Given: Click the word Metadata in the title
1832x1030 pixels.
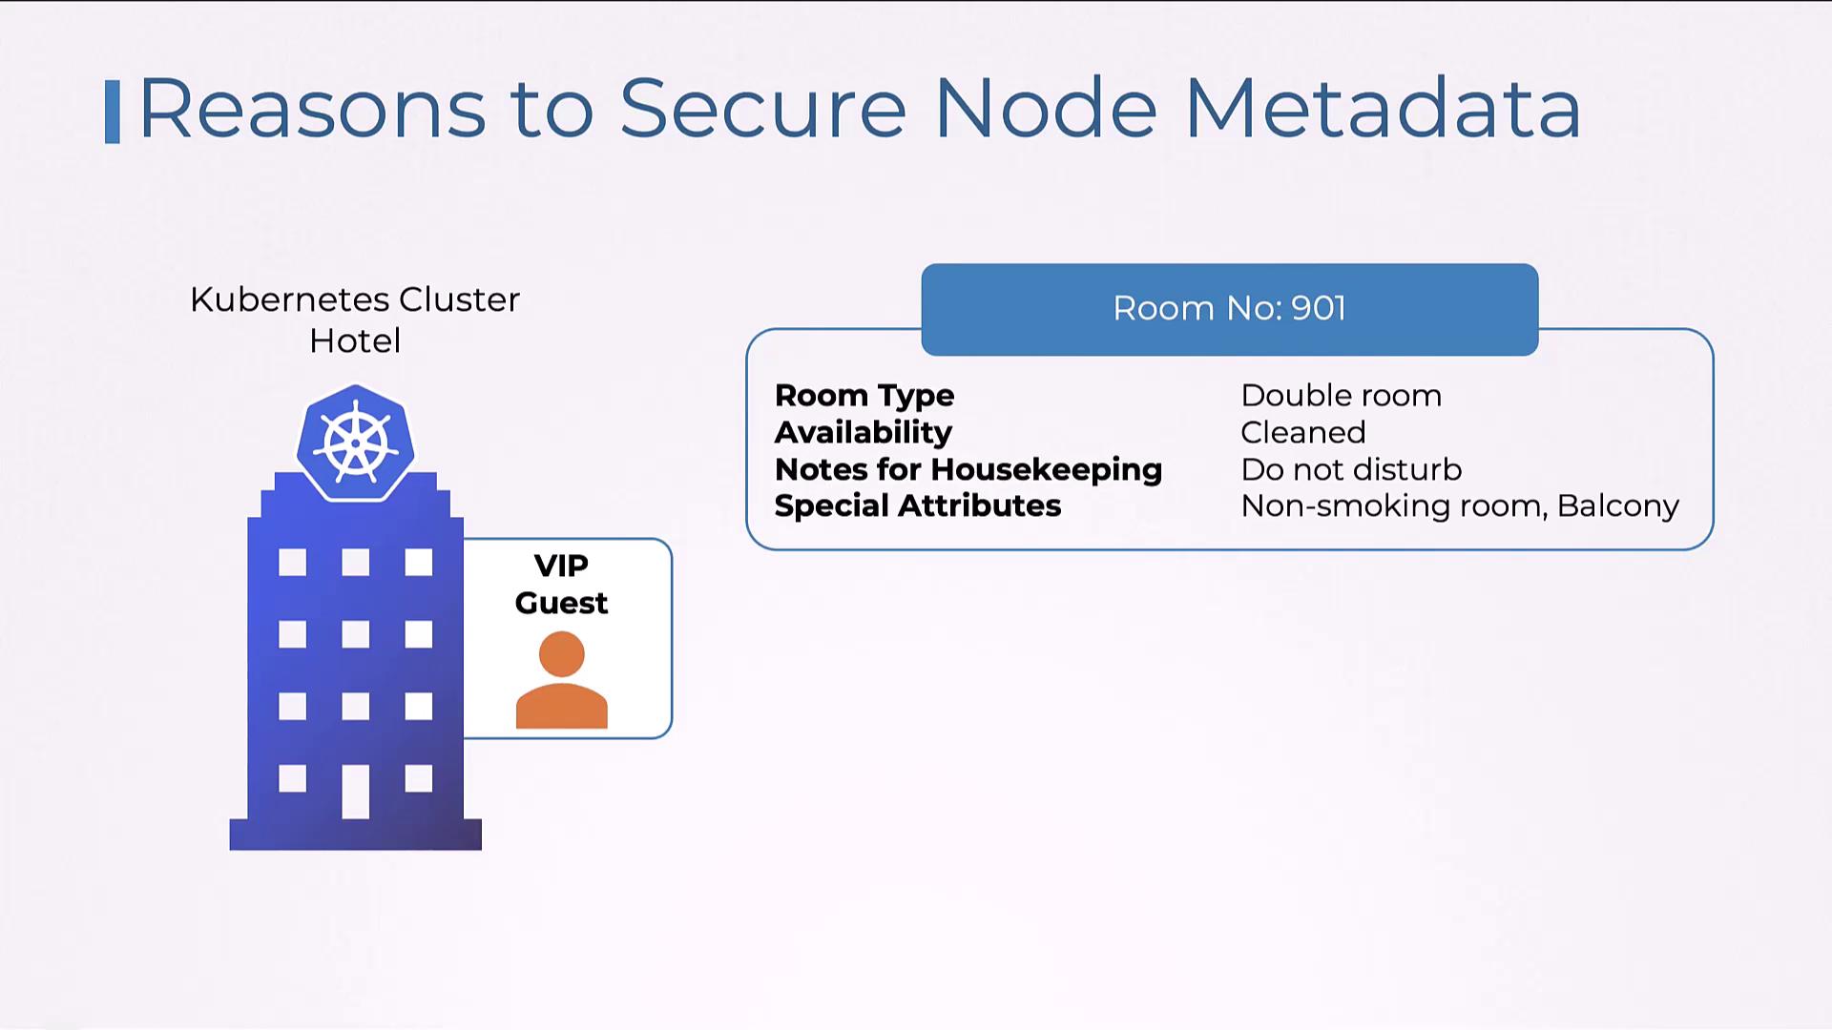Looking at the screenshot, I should (1383, 109).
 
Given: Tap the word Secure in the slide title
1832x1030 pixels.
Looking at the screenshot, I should (762, 109).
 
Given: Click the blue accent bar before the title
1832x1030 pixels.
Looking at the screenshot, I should (113, 112).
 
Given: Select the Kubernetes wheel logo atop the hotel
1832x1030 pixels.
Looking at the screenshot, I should (355, 443).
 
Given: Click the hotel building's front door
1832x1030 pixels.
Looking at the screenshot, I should (355, 792).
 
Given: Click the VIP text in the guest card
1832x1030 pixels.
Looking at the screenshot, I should (561, 566).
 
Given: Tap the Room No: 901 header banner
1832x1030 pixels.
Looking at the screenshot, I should (1229, 309).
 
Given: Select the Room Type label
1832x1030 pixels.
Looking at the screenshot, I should (864, 396).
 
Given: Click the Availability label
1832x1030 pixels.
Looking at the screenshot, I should (863, 432).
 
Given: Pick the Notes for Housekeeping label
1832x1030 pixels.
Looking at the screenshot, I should (968, 469).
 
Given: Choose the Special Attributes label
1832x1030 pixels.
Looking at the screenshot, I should (917, 505).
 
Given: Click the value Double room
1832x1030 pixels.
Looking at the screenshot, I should (1341, 396).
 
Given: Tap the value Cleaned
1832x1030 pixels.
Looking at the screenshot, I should (1302, 432).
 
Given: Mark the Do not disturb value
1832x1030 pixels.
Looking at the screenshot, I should (1351, 469).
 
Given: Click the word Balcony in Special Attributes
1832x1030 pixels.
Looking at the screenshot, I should (1617, 505).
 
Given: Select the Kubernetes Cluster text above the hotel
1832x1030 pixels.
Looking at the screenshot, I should (355, 299).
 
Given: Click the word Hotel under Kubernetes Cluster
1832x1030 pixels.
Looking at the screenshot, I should (355, 340).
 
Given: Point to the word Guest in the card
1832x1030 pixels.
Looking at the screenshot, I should (561, 604).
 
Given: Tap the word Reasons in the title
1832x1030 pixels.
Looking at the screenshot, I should (312, 109).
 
